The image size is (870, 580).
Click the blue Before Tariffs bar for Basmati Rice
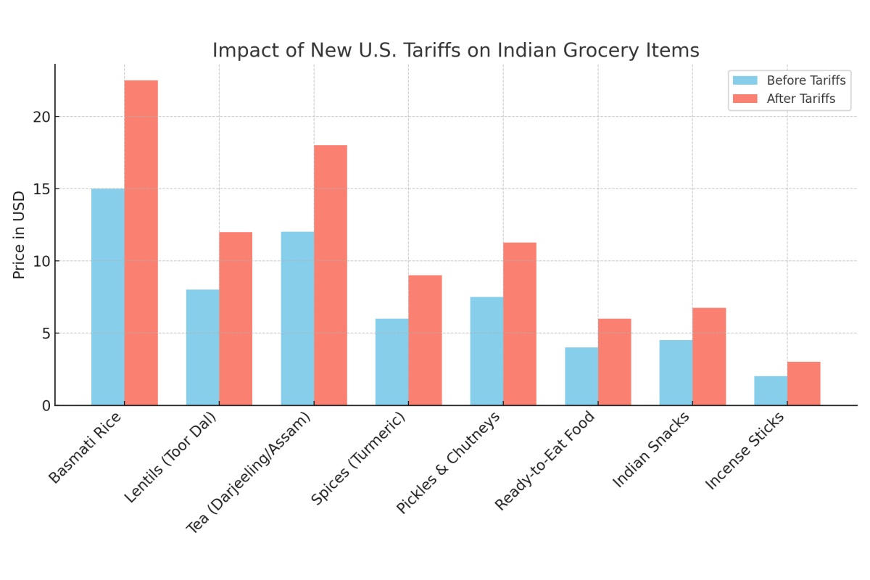pos(108,297)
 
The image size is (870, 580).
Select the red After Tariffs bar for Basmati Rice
pos(141,243)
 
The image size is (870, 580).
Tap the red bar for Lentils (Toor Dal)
pos(236,318)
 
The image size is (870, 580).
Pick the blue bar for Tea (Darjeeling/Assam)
pos(297,318)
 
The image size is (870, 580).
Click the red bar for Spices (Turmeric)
pos(425,340)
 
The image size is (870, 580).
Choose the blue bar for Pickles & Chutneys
pos(486,351)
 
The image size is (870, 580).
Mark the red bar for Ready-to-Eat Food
pos(614,362)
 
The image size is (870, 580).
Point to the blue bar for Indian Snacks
pos(676,373)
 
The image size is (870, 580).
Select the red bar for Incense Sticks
pos(803,384)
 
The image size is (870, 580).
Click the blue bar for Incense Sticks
pos(771,391)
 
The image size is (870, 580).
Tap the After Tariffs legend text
pos(801,99)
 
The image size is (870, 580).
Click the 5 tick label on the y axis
pos(46,333)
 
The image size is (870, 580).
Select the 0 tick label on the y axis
pos(46,405)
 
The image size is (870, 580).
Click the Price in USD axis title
pos(20,234)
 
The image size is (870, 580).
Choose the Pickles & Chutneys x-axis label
pos(449,462)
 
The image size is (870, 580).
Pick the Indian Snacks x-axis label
pos(652,449)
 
